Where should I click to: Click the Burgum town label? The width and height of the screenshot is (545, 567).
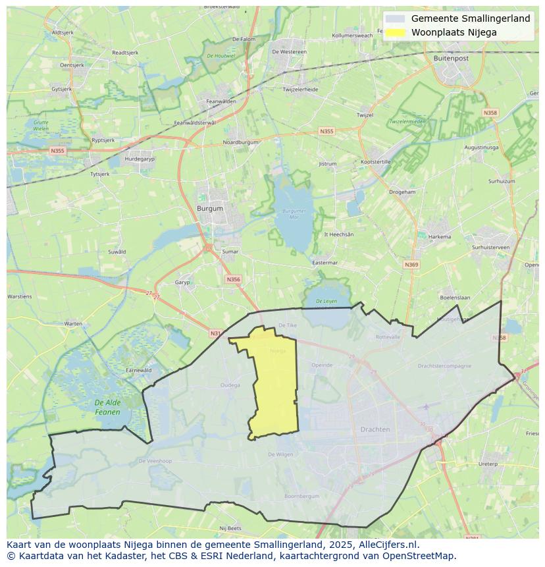point(210,209)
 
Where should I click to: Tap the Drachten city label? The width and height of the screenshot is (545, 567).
point(375,429)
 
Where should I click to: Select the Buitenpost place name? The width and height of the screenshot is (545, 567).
point(451,59)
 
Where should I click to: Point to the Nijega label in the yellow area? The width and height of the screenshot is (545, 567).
point(278,351)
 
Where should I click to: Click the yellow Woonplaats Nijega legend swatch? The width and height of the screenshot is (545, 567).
point(396,32)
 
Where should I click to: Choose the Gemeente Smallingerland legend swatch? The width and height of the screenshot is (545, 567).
point(396,19)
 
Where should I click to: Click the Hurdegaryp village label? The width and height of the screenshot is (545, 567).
point(139,159)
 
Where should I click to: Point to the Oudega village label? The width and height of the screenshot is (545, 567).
point(230,385)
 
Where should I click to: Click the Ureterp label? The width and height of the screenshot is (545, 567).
point(488,464)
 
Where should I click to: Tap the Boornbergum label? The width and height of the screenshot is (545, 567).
point(301,496)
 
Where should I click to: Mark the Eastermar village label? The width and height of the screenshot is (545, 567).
point(324,262)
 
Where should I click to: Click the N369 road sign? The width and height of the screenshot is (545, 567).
point(411,265)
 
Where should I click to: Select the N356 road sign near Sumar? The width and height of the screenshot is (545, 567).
point(233,279)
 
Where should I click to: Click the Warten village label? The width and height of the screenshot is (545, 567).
point(73,323)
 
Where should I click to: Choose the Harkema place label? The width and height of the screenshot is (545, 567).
point(440,237)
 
